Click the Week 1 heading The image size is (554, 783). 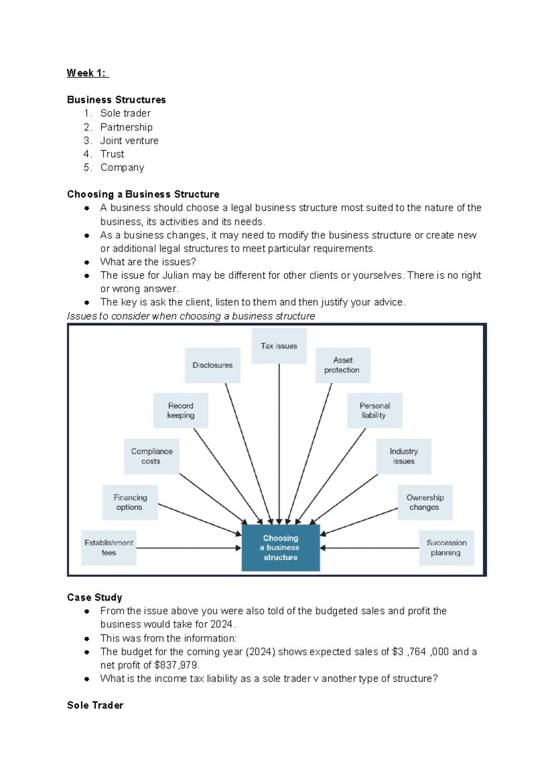87,73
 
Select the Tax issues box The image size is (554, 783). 279,346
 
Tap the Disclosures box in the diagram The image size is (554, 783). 212,365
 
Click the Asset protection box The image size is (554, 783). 343,365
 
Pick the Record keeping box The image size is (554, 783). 181,410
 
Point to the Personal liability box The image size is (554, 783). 374,410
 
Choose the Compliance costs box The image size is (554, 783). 151,456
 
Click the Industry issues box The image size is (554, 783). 403,456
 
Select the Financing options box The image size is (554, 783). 130,502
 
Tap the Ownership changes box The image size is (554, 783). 425,502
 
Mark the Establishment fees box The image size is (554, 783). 109,548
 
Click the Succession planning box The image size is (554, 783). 446,548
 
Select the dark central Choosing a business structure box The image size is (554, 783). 281,548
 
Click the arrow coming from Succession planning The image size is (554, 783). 369,548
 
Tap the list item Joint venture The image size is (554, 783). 129,140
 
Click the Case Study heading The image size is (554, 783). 95,597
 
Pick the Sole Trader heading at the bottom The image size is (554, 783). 95,705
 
